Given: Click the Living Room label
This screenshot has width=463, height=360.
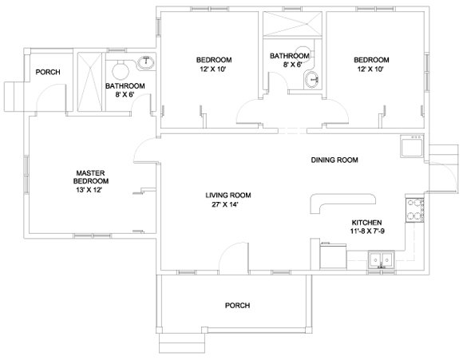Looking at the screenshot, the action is pyautogui.click(x=228, y=196).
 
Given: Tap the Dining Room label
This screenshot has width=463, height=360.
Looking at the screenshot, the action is pyautogui.click(x=334, y=160).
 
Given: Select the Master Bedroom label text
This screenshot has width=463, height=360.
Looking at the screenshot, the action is pyautogui.click(x=91, y=177).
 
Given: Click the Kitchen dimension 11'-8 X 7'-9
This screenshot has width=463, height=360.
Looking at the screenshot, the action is pyautogui.click(x=367, y=231).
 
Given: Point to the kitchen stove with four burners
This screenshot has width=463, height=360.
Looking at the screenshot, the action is pyautogui.click(x=415, y=210).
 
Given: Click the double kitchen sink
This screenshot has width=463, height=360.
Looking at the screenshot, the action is pyautogui.click(x=382, y=260).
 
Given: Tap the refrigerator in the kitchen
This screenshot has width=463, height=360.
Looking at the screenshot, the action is pyautogui.click(x=333, y=255).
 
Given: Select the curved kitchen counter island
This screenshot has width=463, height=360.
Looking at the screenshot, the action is pyautogui.click(x=342, y=203).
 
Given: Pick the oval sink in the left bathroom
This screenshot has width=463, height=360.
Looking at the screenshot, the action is pyautogui.click(x=145, y=63).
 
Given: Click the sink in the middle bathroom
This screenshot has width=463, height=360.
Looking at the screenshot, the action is pyautogui.click(x=312, y=80).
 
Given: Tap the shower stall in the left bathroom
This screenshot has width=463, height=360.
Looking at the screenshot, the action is pyautogui.click(x=89, y=82).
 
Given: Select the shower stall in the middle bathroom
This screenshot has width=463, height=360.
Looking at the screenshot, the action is pyautogui.click(x=292, y=24).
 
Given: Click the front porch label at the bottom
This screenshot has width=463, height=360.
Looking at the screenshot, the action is pyautogui.click(x=237, y=306).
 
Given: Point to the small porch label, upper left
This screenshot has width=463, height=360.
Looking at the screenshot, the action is pyautogui.click(x=48, y=72).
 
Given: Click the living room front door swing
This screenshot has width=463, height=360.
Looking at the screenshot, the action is pyautogui.click(x=234, y=256).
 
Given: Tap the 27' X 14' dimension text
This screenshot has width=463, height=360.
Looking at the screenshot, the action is pyautogui.click(x=224, y=204).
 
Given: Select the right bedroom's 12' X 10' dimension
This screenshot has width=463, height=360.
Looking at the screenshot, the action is pyautogui.click(x=370, y=69).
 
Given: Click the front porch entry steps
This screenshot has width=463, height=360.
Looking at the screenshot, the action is pyautogui.click(x=182, y=343).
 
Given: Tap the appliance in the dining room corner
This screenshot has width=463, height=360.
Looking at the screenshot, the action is pyautogui.click(x=412, y=145).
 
